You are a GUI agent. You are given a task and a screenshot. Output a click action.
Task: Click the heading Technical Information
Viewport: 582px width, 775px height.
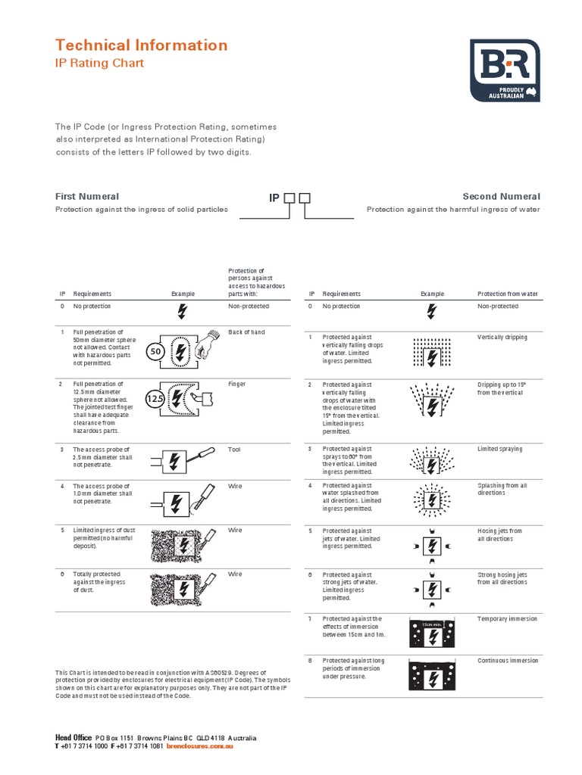(141, 45)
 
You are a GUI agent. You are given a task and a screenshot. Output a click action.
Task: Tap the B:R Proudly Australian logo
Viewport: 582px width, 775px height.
(505, 70)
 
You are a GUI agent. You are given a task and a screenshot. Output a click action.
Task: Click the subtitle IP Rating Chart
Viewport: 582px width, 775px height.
(99, 64)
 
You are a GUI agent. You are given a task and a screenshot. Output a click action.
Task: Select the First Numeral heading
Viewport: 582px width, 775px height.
(87, 196)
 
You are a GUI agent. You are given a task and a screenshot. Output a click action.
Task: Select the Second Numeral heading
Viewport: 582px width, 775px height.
(501, 196)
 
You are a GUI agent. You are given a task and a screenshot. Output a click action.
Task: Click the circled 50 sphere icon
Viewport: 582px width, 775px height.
(155, 352)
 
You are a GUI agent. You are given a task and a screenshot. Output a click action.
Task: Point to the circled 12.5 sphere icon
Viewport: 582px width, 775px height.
(155, 398)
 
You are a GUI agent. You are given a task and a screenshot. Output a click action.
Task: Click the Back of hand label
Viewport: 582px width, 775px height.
(246, 332)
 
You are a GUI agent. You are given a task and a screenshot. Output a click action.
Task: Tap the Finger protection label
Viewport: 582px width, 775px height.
(237, 384)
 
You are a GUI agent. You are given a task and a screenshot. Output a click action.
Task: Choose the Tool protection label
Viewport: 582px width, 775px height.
(235, 449)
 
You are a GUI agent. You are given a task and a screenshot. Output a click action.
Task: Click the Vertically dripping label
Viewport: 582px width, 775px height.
(502, 337)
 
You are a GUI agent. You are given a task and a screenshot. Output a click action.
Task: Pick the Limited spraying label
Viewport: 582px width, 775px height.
(499, 449)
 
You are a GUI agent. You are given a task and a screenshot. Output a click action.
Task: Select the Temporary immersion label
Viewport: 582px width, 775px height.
(507, 618)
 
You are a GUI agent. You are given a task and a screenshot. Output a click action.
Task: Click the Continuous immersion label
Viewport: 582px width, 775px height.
(507, 660)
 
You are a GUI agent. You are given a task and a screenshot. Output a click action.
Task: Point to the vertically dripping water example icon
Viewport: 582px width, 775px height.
(431, 352)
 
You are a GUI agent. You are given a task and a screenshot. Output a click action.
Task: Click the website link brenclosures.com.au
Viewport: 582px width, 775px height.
(199, 746)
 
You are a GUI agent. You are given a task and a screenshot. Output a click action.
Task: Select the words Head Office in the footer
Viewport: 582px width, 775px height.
(74, 737)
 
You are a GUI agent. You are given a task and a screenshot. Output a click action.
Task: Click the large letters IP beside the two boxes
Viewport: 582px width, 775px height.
(274, 198)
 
